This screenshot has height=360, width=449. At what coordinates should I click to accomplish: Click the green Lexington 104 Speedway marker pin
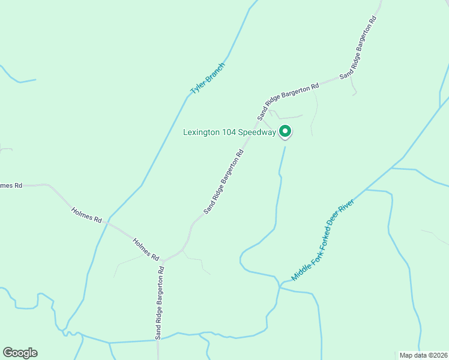point(286,131)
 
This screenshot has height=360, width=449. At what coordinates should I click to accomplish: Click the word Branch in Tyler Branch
point(215,71)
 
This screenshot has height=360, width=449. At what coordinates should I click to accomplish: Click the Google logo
point(20,353)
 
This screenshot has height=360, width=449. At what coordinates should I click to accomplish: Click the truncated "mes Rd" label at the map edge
point(11,185)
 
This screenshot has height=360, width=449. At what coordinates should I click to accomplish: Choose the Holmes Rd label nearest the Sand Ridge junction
point(145,249)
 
